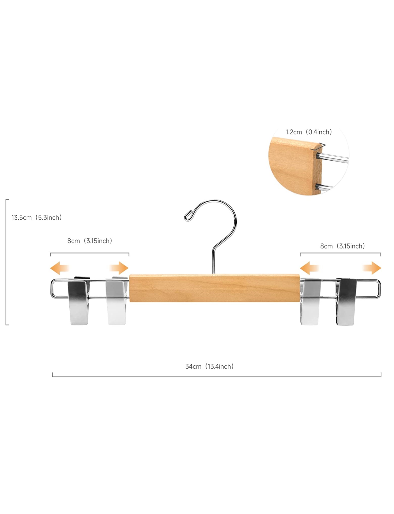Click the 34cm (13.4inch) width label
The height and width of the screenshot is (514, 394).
pos(210,366)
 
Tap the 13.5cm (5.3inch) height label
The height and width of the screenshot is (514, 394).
pos(37,217)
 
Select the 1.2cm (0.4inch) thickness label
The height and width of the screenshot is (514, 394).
pos(309,132)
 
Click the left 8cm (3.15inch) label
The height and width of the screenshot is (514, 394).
pos(90,241)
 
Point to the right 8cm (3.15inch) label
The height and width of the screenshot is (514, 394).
pos(342,246)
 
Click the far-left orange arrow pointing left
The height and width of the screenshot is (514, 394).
pos(60,268)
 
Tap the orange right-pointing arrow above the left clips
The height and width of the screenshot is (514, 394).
pos(119,268)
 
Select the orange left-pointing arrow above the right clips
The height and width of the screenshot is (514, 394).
pos(310,268)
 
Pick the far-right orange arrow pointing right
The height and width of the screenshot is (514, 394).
pos(372,268)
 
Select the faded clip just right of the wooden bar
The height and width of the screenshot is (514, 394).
pos(310,302)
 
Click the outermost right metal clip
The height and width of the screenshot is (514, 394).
pos(346,302)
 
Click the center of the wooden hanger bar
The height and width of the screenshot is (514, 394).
pos(214,288)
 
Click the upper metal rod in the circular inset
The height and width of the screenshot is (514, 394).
pos(333,158)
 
